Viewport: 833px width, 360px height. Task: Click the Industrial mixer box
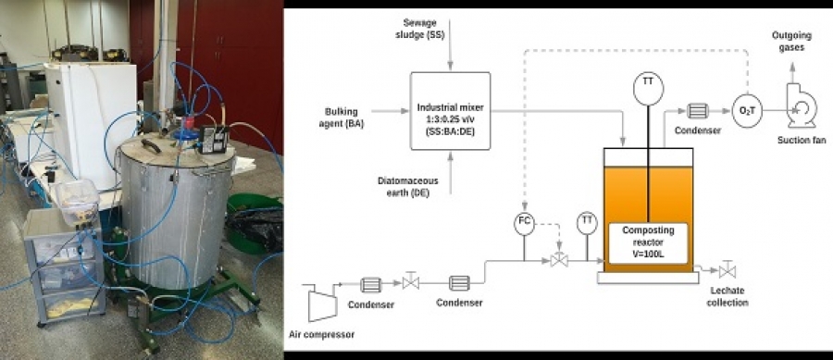450,111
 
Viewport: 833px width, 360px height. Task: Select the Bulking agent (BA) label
342,117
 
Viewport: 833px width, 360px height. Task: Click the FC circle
524,224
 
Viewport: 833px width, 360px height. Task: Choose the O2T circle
747,111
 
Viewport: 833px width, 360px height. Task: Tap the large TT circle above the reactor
648,89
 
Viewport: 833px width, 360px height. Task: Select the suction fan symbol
802,106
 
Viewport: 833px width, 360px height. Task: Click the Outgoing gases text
791,42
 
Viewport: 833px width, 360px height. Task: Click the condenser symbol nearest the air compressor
370,285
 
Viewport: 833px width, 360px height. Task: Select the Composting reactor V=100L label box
648,243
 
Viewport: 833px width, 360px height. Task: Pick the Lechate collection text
727,296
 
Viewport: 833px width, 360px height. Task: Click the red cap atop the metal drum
189,121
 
